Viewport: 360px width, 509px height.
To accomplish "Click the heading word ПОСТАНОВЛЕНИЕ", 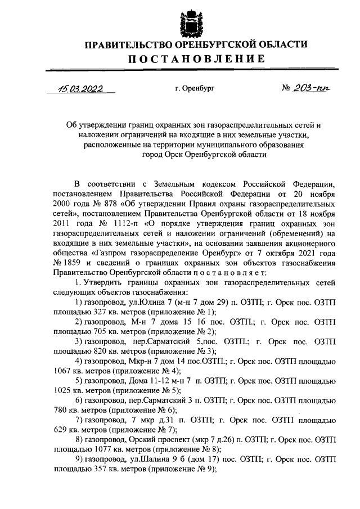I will click(195, 59).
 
